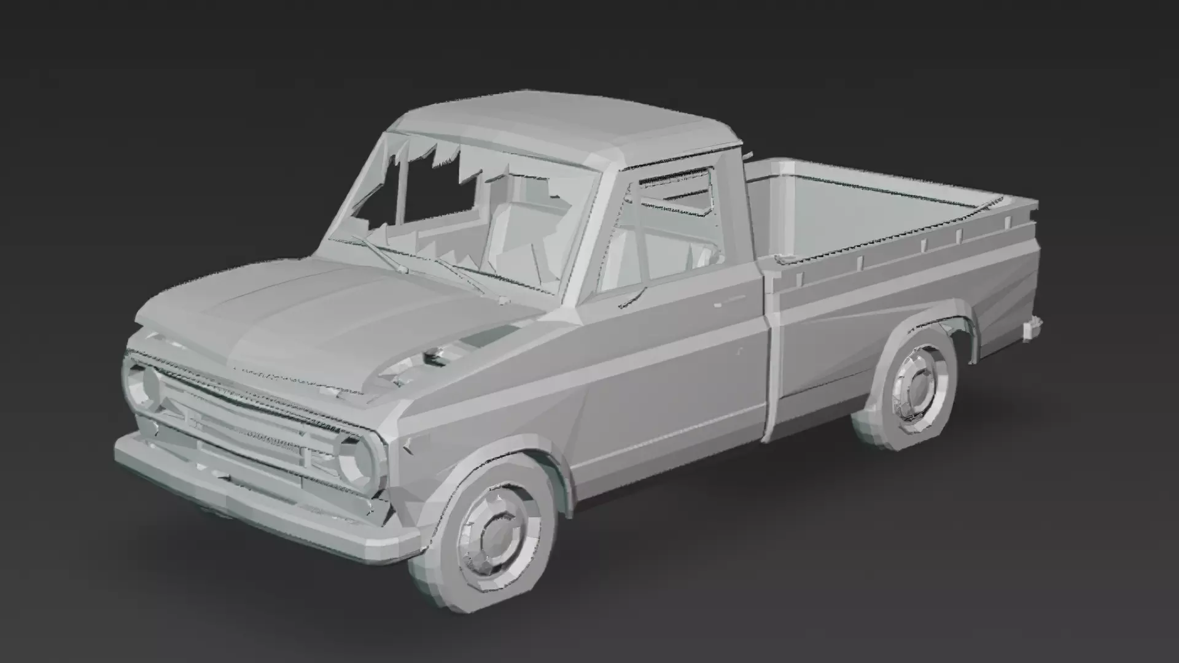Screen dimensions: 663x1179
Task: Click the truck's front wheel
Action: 491,528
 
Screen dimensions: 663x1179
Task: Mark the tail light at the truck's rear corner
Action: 1032,325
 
